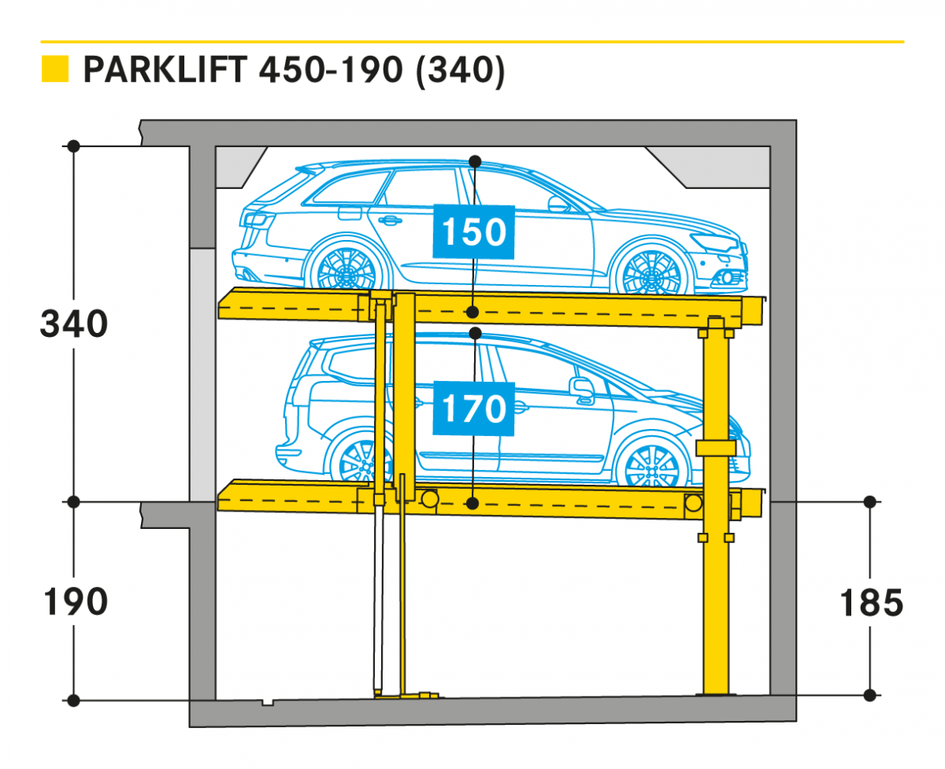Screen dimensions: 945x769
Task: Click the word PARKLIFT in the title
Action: pyautogui.click(x=165, y=69)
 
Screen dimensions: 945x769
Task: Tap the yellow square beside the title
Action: pyautogui.click(x=55, y=68)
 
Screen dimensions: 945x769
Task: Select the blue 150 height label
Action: pyautogui.click(x=474, y=231)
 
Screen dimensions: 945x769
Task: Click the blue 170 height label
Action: pyautogui.click(x=474, y=409)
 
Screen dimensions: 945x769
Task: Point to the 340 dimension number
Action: pyautogui.click(x=74, y=323)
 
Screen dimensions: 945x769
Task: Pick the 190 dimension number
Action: pyautogui.click(x=76, y=601)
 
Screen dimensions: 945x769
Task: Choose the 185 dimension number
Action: pyautogui.click(x=872, y=603)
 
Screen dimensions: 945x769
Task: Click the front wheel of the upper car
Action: pyautogui.click(x=650, y=272)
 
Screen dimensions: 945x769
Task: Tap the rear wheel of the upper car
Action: pyautogui.click(x=346, y=268)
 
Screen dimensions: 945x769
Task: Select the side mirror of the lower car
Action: pyautogui.click(x=582, y=390)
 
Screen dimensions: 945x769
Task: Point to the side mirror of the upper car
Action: pyautogui.click(x=558, y=204)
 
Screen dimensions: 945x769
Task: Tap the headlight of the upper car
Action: pyautogui.click(x=714, y=242)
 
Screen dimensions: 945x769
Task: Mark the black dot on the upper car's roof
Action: pyautogui.click(x=475, y=161)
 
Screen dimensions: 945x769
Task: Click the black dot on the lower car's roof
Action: pyautogui.click(x=475, y=333)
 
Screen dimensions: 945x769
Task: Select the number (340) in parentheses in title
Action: pyautogui.click(x=461, y=70)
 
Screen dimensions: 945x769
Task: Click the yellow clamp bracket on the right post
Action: pyautogui.click(x=716, y=448)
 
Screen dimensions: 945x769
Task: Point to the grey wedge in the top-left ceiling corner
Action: pyautogui.click(x=241, y=168)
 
